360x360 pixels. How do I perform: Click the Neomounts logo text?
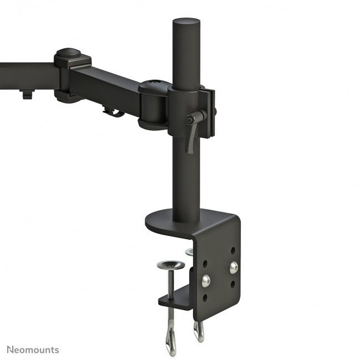tap(33, 349)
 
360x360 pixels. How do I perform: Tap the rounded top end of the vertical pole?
tap(186, 22)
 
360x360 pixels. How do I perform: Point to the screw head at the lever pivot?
tap(191, 120)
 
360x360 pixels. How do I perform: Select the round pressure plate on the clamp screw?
tap(170, 265)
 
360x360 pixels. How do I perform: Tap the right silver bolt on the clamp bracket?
tap(234, 266)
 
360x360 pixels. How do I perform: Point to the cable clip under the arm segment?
tap(113, 111)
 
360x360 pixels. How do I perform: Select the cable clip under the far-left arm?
tap(26, 94)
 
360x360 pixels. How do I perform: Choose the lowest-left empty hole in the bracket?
tap(207, 297)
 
